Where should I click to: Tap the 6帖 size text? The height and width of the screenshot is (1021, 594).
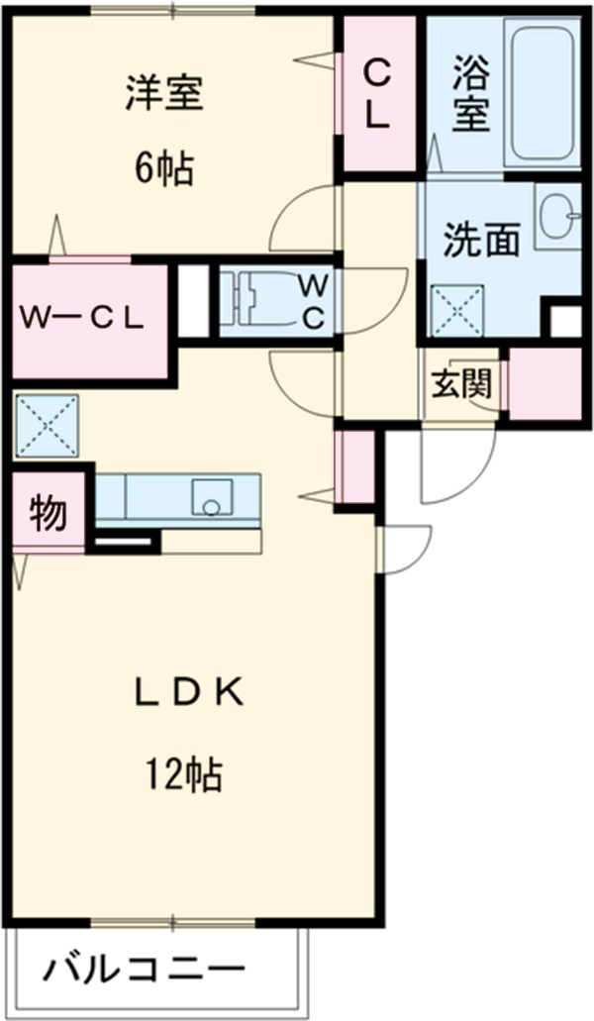pos(163,170)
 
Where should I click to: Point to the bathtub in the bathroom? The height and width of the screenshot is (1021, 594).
pos(542,94)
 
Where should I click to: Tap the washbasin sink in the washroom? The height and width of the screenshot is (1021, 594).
pos(560,215)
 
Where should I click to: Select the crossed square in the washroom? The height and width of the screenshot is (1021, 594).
pos(457,311)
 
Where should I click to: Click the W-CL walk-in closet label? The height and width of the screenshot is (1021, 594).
pos(85,319)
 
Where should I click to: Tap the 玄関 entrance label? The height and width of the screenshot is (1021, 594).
pos(461,384)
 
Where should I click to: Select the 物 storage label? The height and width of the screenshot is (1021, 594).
pos(48,513)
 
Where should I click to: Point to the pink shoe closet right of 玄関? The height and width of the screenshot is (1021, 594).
pos(544,381)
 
